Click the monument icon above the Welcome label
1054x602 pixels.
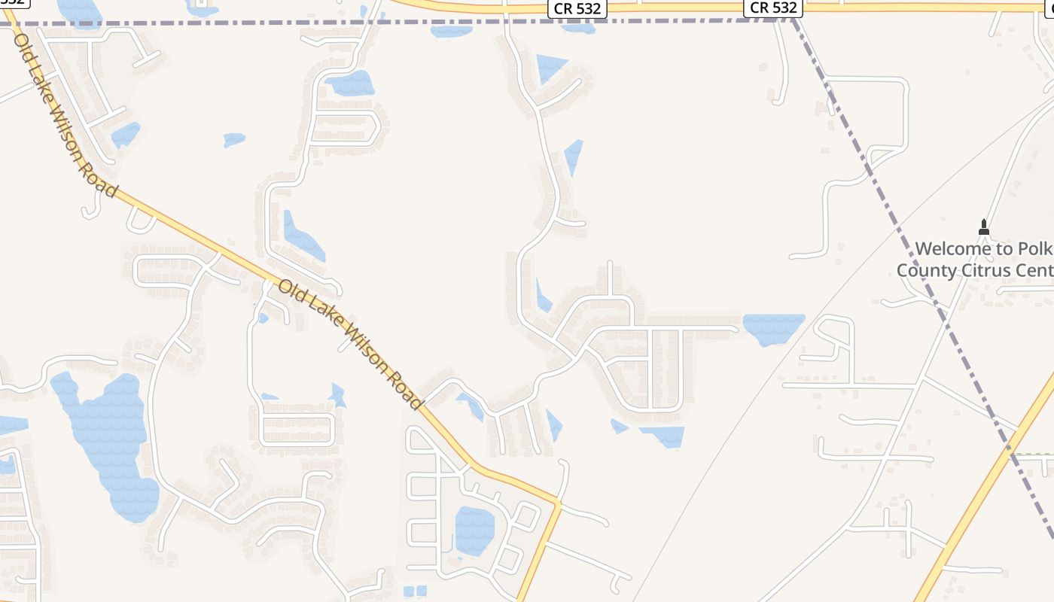[x=983, y=227]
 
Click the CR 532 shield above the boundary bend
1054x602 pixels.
[x=774, y=8]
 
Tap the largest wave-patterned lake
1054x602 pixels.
[x=111, y=444]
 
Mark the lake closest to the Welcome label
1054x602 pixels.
[x=774, y=328]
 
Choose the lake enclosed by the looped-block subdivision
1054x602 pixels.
[x=474, y=530]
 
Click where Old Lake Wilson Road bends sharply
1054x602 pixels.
[x=559, y=502]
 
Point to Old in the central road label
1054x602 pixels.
[x=291, y=290]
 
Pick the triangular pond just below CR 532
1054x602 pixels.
[x=550, y=66]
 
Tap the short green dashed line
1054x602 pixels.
[x=1033, y=455]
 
